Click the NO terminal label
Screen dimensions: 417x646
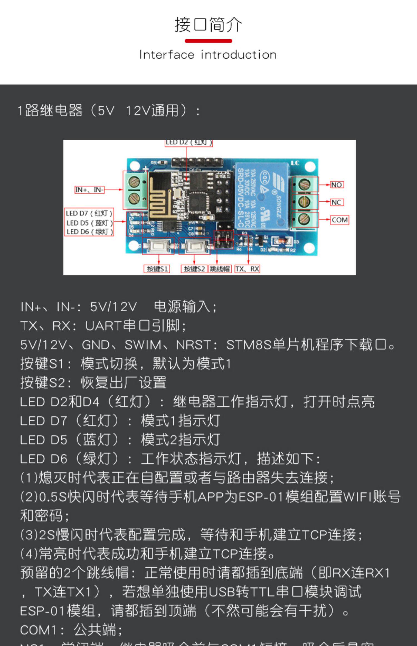pyautogui.click(x=337, y=185)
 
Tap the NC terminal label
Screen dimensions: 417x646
pyautogui.click(x=336, y=202)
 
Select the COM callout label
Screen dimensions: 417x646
pyautogui.click(x=339, y=220)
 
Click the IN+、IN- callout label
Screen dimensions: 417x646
pyautogui.click(x=90, y=190)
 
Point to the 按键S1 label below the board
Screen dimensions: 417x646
pyautogui.click(x=157, y=269)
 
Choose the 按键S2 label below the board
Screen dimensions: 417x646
pyautogui.click(x=194, y=269)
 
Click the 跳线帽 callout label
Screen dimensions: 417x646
pyautogui.click(x=220, y=269)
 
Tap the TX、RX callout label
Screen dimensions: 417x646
pyautogui.click(x=247, y=269)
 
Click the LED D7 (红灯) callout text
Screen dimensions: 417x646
pyautogui.click(x=89, y=213)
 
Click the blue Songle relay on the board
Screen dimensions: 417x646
pyautogui.click(x=261, y=195)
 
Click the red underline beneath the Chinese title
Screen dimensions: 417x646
pyautogui.click(x=208, y=41)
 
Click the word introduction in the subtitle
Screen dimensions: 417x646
pyautogui.click(x=239, y=55)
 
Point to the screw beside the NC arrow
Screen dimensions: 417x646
pyautogui.click(x=304, y=202)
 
